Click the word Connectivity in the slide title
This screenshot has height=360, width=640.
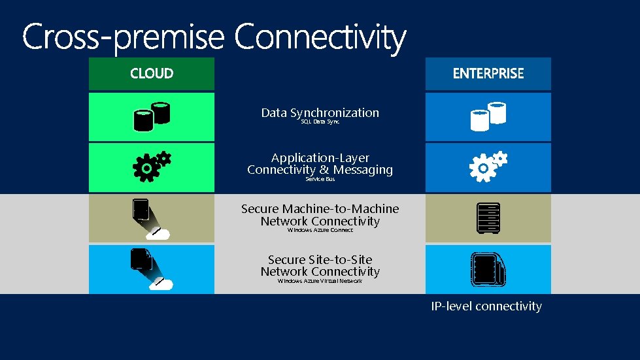320,37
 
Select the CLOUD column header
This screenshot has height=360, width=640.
152,74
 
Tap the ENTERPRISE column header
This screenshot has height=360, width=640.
488,74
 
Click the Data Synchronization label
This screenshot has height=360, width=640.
320,112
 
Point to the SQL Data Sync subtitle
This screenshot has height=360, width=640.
320,122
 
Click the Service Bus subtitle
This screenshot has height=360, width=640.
320,179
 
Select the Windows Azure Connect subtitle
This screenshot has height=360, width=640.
320,230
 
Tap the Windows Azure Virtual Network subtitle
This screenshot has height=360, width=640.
320,281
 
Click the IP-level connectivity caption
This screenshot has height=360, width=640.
486,306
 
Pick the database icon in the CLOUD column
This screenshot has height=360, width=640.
152,116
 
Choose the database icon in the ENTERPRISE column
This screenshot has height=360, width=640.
488,116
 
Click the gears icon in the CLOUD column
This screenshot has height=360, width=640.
152,167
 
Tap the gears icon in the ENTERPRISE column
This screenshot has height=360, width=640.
488,167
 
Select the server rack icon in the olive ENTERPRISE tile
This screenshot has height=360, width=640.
488,218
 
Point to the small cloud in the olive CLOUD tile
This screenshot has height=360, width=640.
158,234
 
